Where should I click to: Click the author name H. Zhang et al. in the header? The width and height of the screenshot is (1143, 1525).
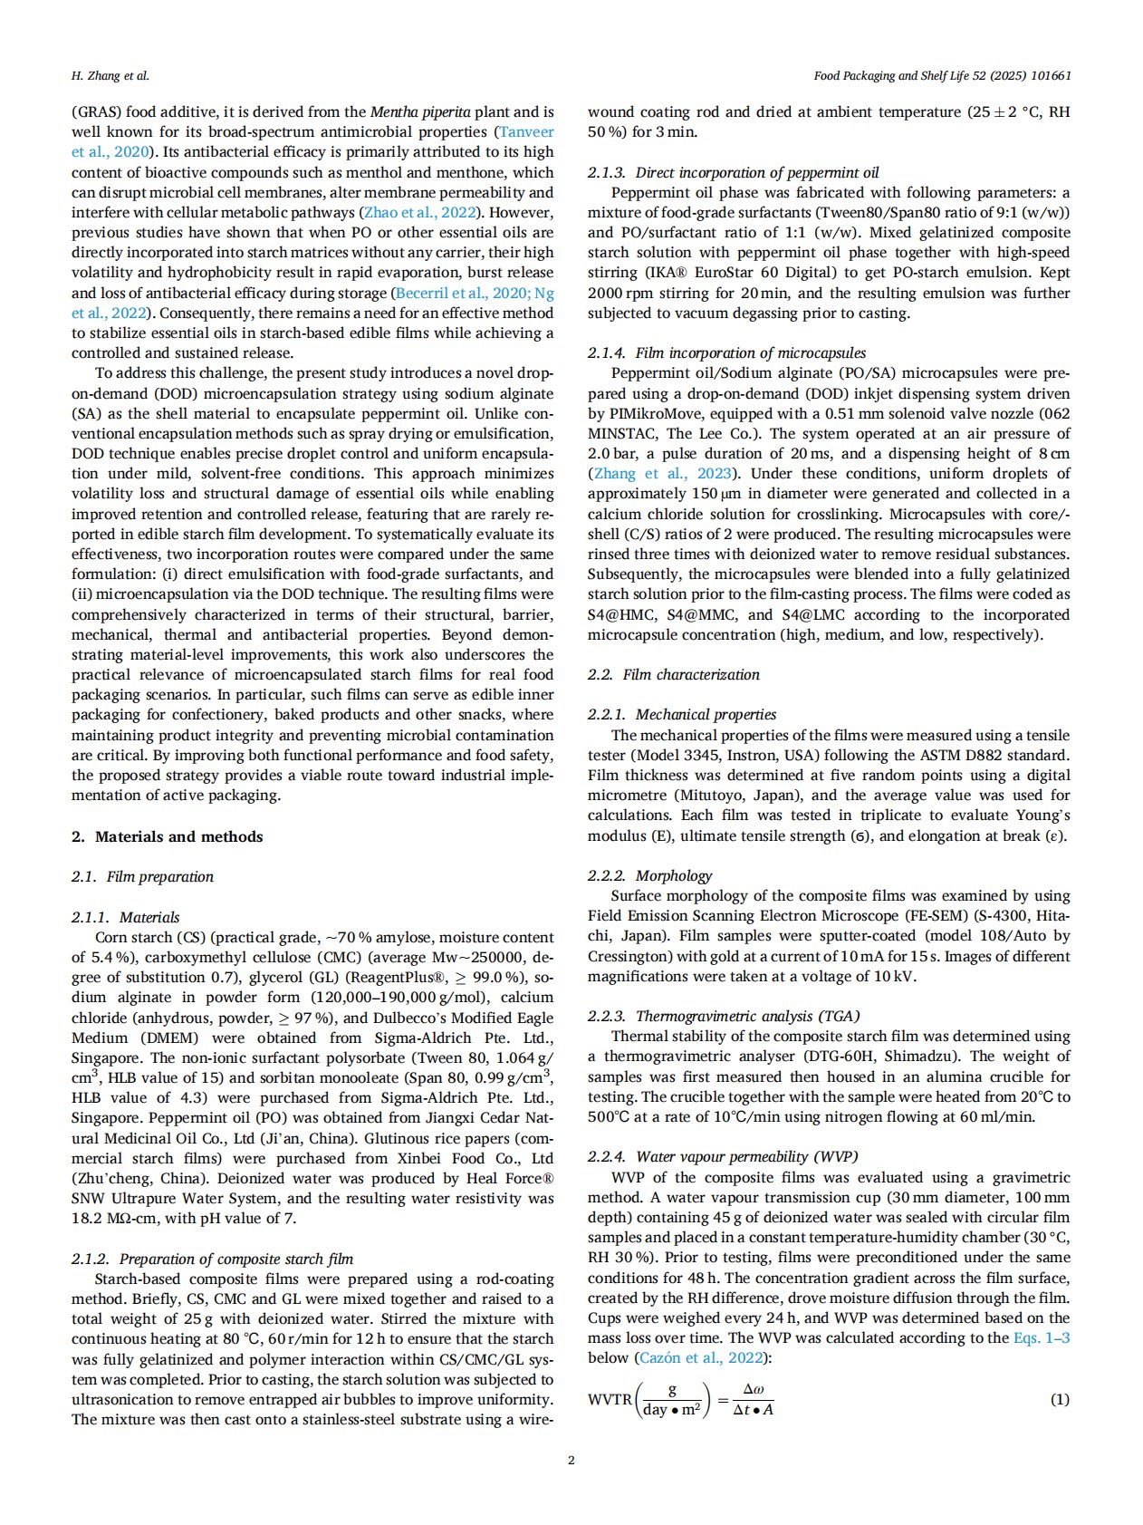point(110,76)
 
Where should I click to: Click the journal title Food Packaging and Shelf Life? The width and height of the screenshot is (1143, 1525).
point(942,76)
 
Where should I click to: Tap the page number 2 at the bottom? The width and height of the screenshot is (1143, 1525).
point(571,1460)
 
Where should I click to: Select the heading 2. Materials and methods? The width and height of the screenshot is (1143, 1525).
point(168,836)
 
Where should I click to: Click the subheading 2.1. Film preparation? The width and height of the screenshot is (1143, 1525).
point(142,876)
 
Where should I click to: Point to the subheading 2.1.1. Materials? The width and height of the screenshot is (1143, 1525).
point(126,917)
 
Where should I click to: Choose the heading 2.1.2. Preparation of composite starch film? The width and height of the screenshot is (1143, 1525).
point(212,1259)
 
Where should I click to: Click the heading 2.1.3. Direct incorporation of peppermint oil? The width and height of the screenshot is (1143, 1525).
point(733,172)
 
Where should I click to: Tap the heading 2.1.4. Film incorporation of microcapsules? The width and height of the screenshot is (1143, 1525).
point(726,352)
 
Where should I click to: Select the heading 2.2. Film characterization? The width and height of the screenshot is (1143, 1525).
point(673,674)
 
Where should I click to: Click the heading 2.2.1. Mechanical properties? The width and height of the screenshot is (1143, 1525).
point(682,714)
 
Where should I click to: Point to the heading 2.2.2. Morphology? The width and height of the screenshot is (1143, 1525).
point(649,875)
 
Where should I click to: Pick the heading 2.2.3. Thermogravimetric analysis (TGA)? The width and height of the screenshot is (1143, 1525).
point(724,1016)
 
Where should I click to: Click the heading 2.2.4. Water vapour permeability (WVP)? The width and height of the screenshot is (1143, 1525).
point(723,1156)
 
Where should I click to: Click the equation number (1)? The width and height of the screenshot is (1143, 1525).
point(1060,1399)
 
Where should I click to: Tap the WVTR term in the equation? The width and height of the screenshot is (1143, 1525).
point(610,1399)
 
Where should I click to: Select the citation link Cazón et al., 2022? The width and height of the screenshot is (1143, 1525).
point(698,1357)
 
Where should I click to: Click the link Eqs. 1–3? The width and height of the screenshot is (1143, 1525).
point(1042,1337)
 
